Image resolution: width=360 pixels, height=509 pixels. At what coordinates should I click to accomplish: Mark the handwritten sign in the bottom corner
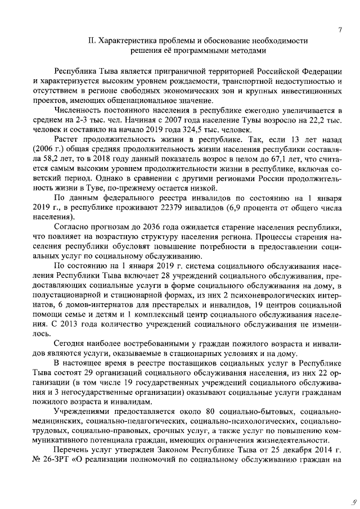coord(351,497)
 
